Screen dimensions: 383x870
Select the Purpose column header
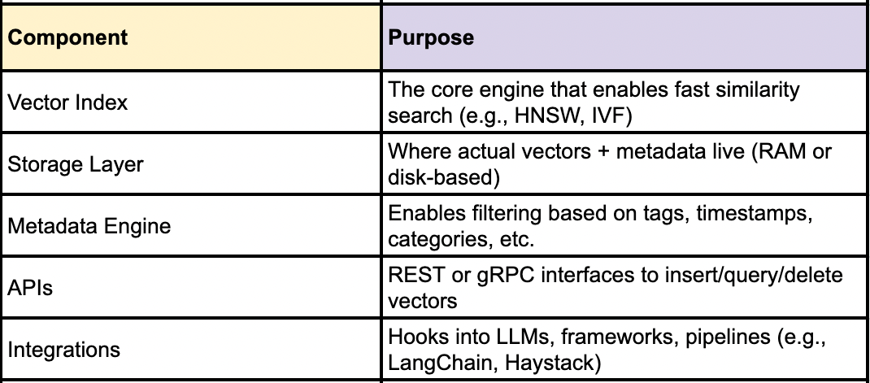[432, 38]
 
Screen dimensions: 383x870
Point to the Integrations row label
[63, 350]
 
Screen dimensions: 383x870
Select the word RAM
[778, 152]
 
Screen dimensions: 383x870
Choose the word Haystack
[553, 363]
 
